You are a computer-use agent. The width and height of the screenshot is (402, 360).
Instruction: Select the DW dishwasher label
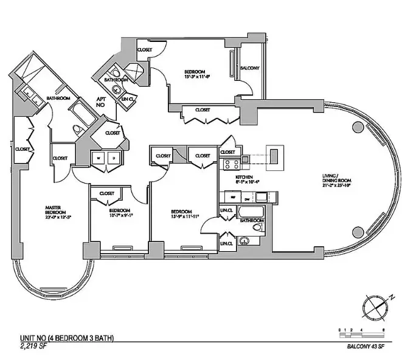point(247,198)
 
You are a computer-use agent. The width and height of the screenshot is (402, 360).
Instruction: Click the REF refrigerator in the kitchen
point(230,198)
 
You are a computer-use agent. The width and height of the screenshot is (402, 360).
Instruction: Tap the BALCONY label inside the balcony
point(249,68)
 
